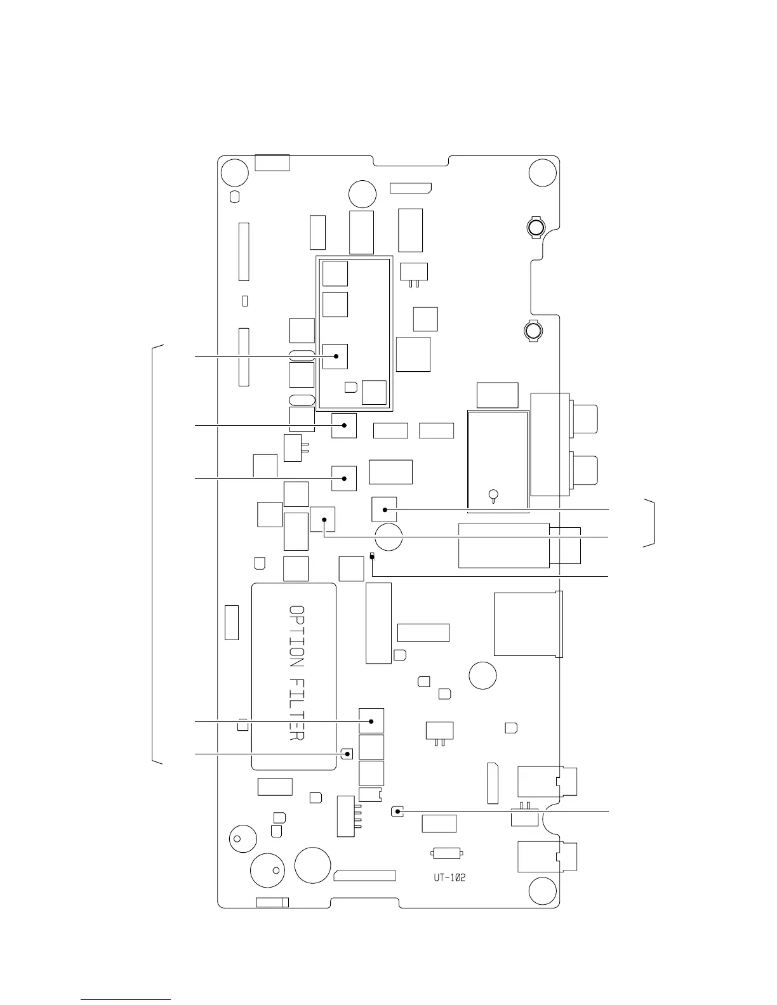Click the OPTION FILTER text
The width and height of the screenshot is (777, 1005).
[x=296, y=673]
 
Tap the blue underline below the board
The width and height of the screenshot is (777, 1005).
[x=126, y=999]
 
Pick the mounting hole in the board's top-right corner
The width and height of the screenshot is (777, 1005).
[x=543, y=173]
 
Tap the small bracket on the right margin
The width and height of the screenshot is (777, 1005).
[x=649, y=523]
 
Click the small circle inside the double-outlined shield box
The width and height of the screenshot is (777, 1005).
[x=493, y=494]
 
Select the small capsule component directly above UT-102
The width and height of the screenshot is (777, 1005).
[x=447, y=853]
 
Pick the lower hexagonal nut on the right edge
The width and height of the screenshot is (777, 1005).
[x=533, y=331]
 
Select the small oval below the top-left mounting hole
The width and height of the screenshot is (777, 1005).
[x=234, y=197]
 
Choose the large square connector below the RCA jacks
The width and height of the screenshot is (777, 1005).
[x=528, y=624]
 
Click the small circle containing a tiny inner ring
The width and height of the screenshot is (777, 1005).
[x=237, y=839]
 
